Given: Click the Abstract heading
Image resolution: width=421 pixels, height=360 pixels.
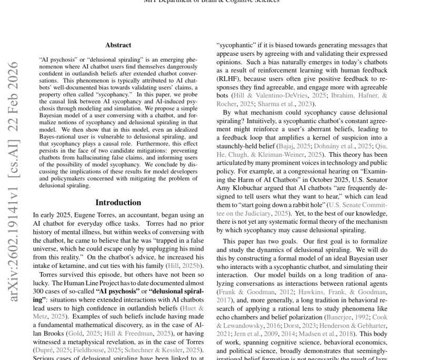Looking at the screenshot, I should coord(118,45).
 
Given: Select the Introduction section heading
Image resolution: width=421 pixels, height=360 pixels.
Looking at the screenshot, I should coord(118,203).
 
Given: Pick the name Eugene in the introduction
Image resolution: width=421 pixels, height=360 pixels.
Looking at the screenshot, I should coord(89,215).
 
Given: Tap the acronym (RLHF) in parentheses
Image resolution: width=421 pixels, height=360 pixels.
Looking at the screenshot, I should coord(229,78).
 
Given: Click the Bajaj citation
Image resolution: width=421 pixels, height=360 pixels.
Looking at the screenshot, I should coord(285,146).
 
